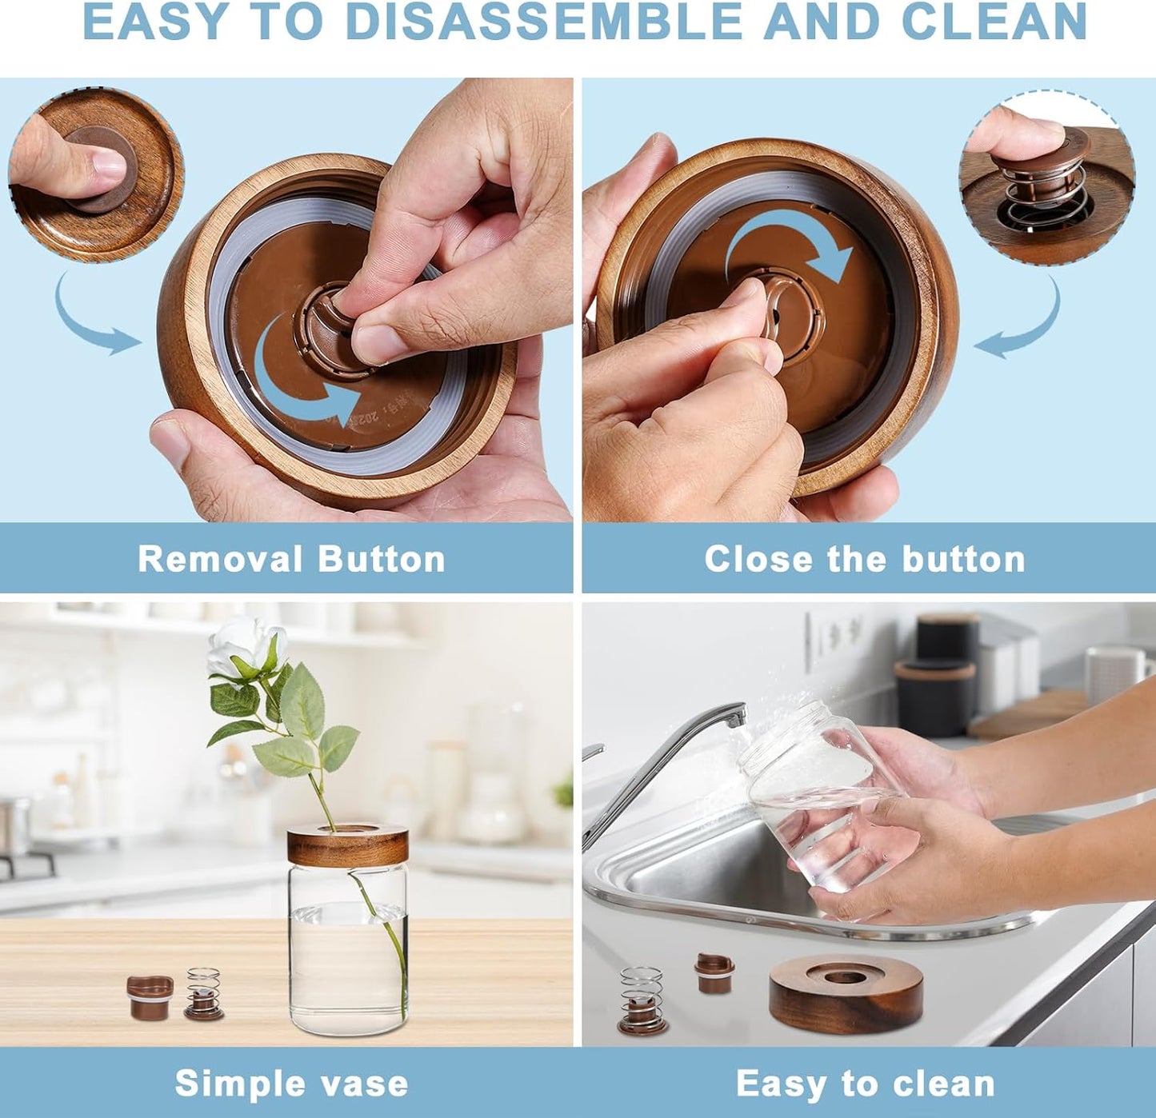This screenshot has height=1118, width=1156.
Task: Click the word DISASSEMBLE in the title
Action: (x=543, y=22)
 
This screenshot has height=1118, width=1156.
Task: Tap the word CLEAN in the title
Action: (x=994, y=22)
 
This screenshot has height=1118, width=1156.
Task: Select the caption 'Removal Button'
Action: (x=291, y=559)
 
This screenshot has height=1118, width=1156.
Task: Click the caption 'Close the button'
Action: (x=865, y=559)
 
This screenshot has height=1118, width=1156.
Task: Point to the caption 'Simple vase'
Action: (x=291, y=1084)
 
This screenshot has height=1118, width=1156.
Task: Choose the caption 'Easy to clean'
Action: (x=865, y=1084)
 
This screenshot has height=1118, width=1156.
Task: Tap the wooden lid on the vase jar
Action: (x=347, y=844)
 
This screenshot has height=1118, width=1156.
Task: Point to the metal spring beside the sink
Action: (x=642, y=1000)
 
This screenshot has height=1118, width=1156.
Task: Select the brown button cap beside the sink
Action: (x=714, y=972)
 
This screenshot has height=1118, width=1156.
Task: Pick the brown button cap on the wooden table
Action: (x=150, y=996)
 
